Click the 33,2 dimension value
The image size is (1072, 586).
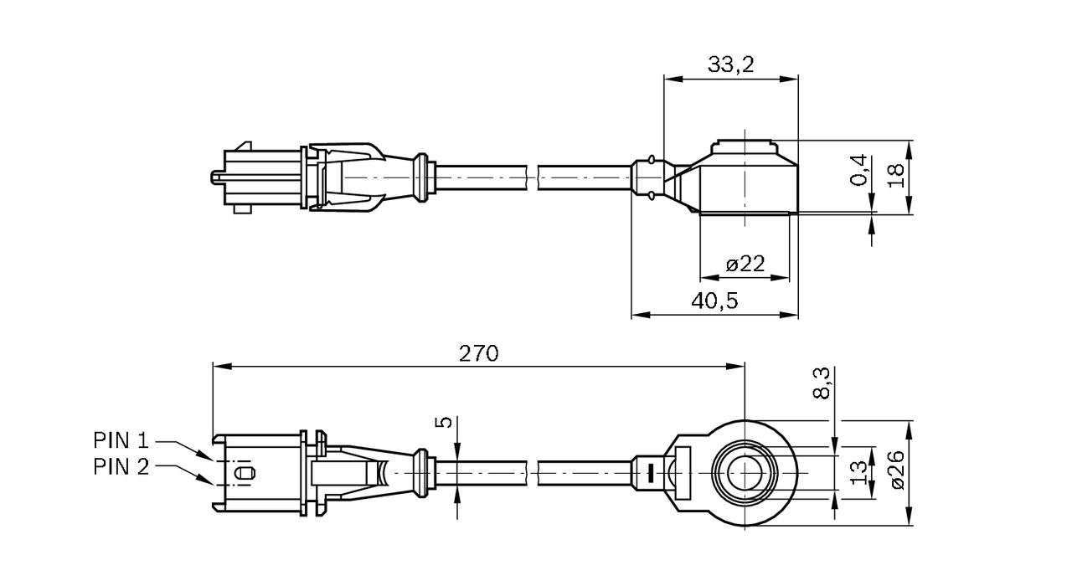coord(731,64)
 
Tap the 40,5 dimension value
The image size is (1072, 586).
coord(714,301)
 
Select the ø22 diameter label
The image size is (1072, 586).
coord(745,264)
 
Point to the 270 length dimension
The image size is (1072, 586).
coord(478,353)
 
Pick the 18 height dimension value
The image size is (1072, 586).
coord(895,176)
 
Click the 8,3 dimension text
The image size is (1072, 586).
coord(822,383)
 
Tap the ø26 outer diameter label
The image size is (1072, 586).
coord(898,470)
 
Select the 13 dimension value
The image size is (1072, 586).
coord(859,473)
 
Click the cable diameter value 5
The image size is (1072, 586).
coord(445,422)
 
